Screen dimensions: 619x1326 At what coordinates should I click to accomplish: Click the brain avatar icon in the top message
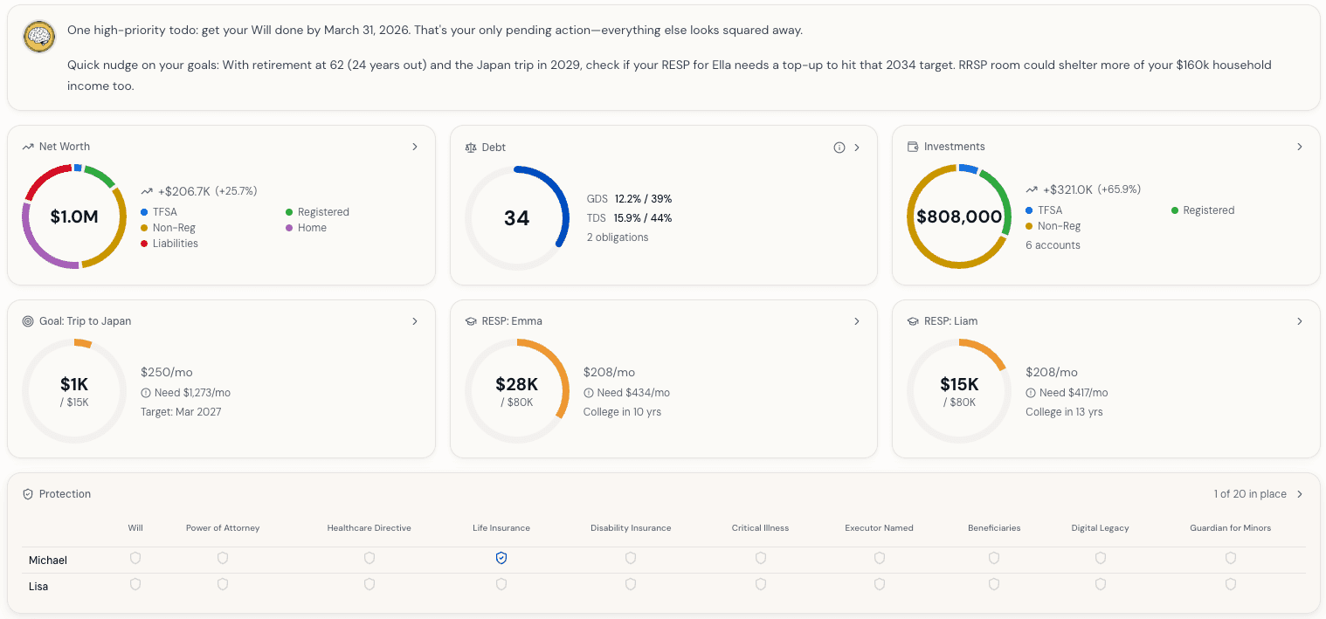click(38, 37)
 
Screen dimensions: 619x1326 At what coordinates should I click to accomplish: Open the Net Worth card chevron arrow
click(415, 147)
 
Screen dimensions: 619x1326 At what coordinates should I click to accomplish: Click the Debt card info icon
click(839, 148)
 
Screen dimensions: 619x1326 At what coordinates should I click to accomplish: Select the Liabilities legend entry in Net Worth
click(175, 244)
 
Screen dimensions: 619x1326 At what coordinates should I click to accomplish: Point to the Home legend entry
click(312, 228)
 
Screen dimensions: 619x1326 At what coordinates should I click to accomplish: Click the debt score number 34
click(516, 217)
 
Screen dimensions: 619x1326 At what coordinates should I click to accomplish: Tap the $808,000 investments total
click(959, 217)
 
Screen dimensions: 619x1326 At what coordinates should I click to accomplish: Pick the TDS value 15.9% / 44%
click(643, 218)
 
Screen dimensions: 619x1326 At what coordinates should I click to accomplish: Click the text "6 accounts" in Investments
click(1053, 245)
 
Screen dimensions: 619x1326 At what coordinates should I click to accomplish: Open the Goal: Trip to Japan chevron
click(415, 321)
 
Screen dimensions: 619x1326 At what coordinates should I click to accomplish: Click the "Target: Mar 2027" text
click(181, 412)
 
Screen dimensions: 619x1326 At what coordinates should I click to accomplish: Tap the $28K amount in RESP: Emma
click(516, 384)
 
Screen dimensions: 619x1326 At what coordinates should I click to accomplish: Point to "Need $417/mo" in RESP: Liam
click(1073, 393)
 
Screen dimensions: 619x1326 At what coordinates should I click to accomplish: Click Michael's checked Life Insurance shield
click(501, 558)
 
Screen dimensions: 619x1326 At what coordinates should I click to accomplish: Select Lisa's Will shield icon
click(135, 584)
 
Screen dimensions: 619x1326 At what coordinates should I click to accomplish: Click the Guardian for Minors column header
click(1230, 528)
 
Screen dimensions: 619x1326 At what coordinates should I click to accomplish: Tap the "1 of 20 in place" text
click(1249, 494)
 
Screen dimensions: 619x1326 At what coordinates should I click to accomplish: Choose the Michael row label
click(48, 561)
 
